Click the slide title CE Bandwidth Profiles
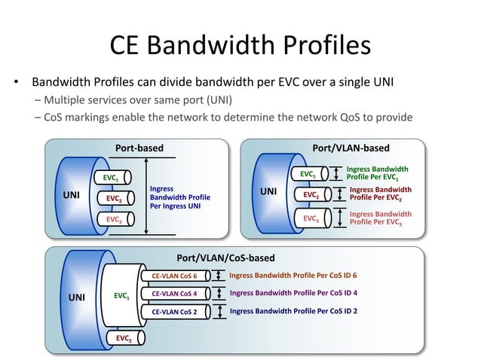pos(240,44)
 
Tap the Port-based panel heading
pos(138,148)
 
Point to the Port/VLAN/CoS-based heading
pos(225,258)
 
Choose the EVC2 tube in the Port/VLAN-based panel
pos(311,195)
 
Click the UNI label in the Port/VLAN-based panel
pos(269,191)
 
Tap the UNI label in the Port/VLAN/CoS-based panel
pos(77,297)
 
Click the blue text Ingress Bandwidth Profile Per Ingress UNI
pos(179,198)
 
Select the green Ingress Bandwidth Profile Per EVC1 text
pos(376,173)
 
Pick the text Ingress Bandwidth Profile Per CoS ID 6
pos(293,276)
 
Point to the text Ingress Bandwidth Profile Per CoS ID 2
pos(293,310)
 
